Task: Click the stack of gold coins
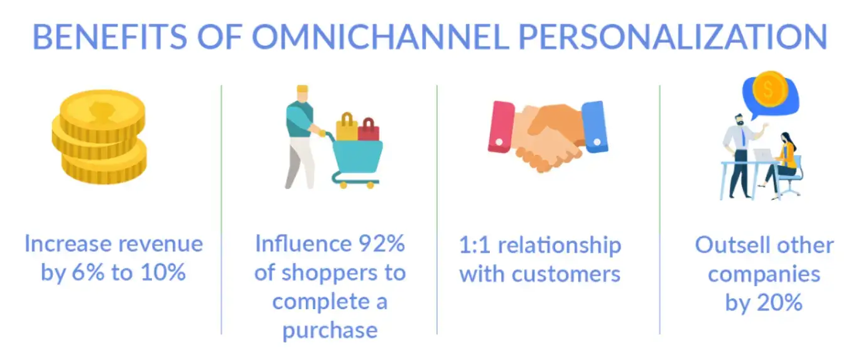[x=99, y=138]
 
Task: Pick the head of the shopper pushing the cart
[x=303, y=95]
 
